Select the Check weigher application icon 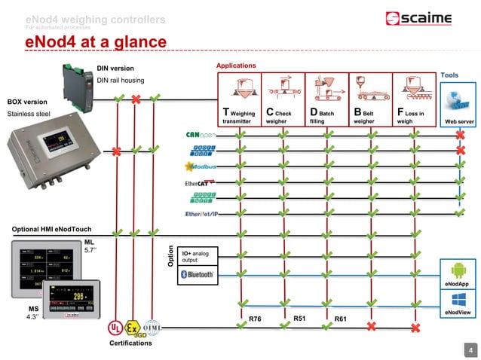[283, 89]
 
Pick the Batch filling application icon [326, 89]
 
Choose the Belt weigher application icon [370, 89]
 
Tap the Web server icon [458, 99]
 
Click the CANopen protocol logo [201, 136]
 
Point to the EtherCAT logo [200, 182]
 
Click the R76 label [255, 320]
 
